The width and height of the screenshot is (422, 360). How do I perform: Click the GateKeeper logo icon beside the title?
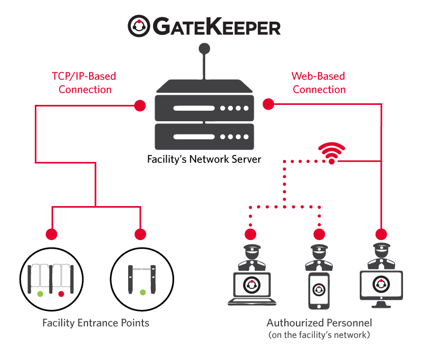point(139,26)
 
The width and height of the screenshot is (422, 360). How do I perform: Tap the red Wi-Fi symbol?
point(332,153)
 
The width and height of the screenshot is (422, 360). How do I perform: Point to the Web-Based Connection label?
point(319,83)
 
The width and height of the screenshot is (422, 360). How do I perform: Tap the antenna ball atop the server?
point(203,50)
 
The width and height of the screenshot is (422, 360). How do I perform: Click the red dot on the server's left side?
point(140,105)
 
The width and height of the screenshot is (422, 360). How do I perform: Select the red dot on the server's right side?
point(268,104)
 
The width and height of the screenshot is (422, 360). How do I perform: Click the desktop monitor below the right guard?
point(380,287)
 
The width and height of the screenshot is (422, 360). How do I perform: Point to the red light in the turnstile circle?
point(61,293)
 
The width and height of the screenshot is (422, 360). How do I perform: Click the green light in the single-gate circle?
point(142,292)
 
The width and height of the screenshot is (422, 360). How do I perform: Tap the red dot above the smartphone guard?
point(319,235)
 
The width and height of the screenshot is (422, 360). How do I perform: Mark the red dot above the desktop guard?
point(380,235)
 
